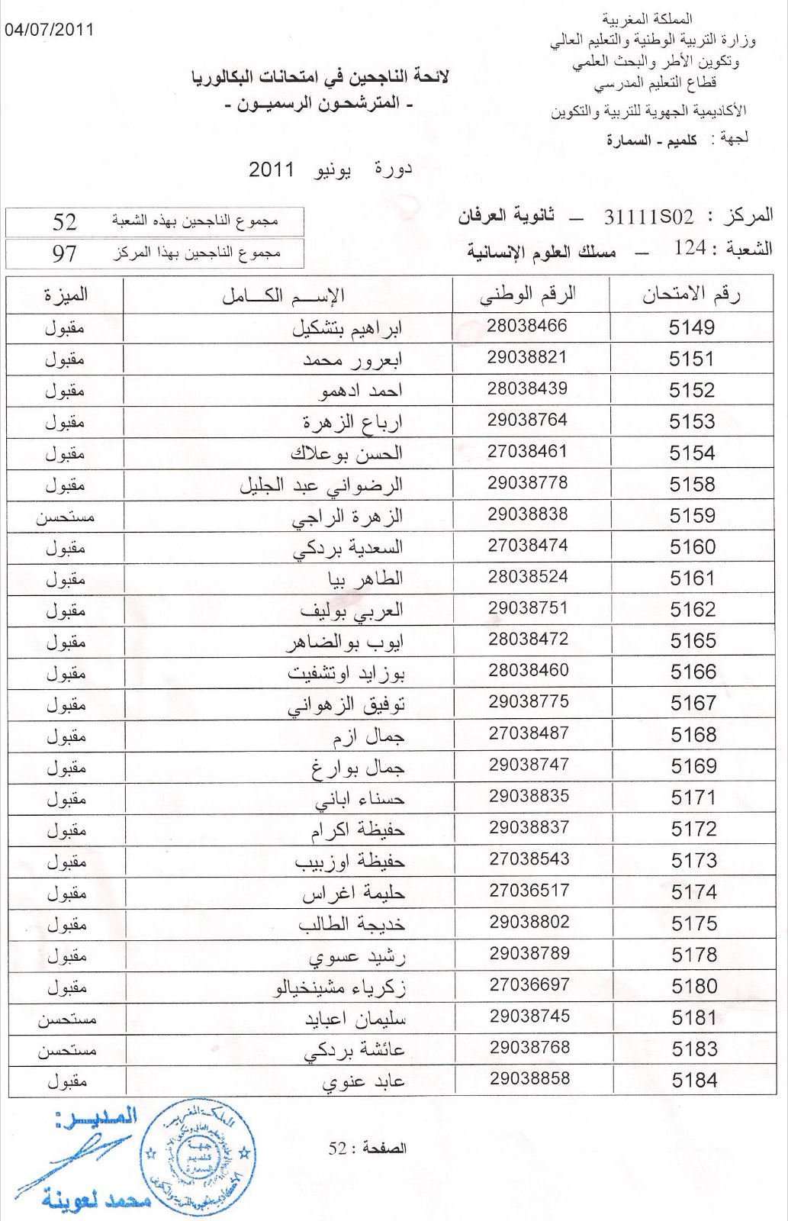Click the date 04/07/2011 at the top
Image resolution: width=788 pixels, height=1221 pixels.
(x=50, y=30)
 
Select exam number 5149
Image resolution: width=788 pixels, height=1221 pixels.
(x=691, y=327)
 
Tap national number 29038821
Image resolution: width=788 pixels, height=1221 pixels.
(x=527, y=357)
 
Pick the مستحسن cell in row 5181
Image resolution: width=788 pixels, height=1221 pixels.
(x=67, y=1020)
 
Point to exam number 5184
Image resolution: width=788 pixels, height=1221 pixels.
(x=694, y=1080)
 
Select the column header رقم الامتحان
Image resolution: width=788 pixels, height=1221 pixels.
(x=691, y=295)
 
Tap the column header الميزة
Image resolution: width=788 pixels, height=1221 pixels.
(x=66, y=295)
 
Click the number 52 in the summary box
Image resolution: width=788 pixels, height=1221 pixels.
(x=65, y=221)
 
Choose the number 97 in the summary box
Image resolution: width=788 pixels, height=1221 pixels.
(x=65, y=253)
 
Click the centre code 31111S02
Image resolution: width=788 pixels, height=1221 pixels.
(x=648, y=217)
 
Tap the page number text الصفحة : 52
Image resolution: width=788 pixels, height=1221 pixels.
(x=368, y=1148)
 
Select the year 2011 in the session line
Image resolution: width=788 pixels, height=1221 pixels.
(x=272, y=169)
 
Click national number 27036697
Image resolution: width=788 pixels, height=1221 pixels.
(x=529, y=984)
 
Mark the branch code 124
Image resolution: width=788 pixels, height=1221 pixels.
(x=690, y=248)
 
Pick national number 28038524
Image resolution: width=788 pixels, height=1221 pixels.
(x=528, y=577)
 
